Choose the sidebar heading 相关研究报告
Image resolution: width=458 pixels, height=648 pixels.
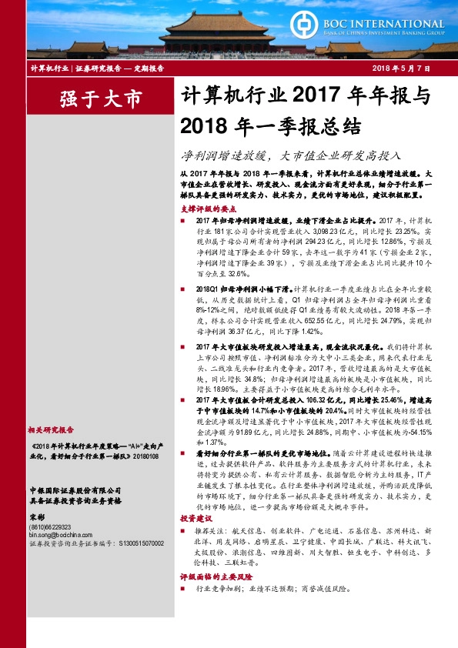[x=51, y=430]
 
